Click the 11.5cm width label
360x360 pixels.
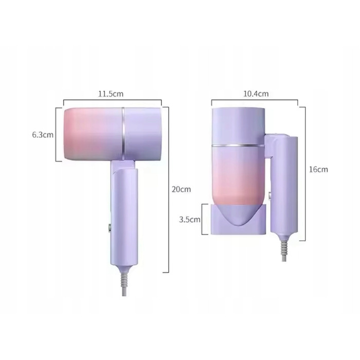coord(111,94)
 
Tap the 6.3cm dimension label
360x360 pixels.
coord(43,135)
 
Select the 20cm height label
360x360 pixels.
coord(182,189)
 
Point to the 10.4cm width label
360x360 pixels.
coord(256,94)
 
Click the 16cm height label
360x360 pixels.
coord(318,169)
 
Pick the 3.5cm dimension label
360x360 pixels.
coord(190,220)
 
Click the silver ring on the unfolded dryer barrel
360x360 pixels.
coord(123,134)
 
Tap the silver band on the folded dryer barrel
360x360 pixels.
coord(238,146)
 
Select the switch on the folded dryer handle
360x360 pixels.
coord(271,195)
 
